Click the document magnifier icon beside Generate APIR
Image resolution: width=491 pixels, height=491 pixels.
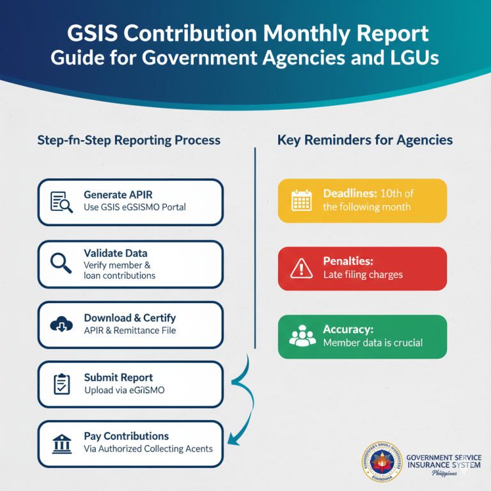tap(62, 201)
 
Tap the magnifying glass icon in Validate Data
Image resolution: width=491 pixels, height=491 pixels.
tap(61, 263)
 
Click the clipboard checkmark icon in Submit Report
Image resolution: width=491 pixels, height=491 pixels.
tap(62, 384)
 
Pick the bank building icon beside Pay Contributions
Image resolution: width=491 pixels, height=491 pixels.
tap(62, 443)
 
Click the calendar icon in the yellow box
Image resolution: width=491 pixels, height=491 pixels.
tap(300, 200)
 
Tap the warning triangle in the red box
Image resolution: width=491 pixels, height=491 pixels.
tap(300, 269)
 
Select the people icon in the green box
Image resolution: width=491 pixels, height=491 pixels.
tap(302, 336)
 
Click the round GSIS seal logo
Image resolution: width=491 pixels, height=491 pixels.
tap(381, 460)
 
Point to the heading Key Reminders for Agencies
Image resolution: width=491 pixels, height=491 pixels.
tap(365, 140)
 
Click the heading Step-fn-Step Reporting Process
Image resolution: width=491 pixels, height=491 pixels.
tap(129, 140)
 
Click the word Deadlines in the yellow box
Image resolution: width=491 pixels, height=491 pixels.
tap(349, 194)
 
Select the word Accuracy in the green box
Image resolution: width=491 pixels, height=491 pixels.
tap(348, 330)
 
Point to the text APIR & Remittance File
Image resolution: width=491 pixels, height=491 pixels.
tap(130, 331)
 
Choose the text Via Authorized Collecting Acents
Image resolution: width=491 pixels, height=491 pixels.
tap(148, 449)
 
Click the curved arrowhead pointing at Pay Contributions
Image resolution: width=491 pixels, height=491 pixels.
tap(232, 440)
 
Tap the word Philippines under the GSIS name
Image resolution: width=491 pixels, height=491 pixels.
tap(446, 473)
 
